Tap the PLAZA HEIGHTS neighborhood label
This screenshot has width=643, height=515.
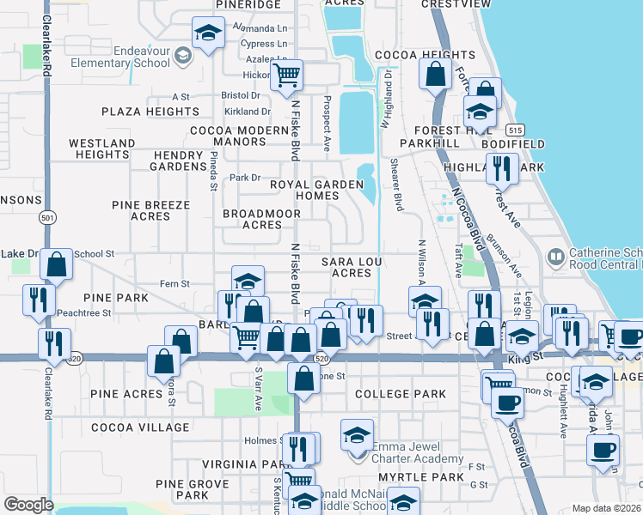point(150,112)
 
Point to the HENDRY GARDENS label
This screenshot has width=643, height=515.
point(179,160)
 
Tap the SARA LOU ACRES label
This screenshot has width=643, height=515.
point(351,266)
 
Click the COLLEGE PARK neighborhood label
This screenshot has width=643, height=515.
point(399,394)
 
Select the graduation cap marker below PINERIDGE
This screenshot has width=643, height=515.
point(206,33)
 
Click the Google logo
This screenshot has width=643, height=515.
point(28,504)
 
